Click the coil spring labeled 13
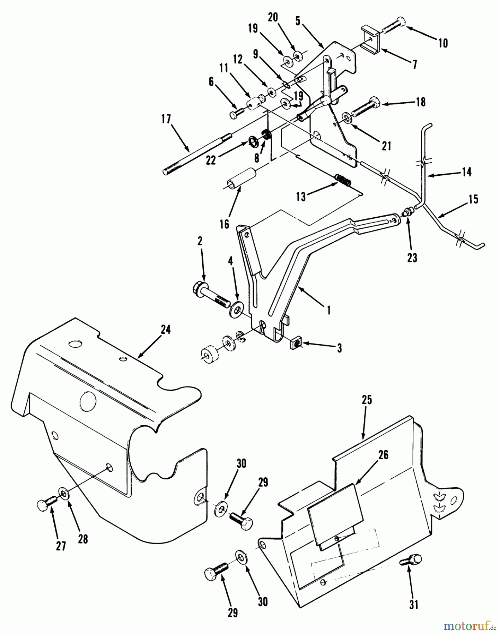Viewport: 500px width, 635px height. (343, 180)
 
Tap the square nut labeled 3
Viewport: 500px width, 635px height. (296, 342)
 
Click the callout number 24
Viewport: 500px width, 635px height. (165, 329)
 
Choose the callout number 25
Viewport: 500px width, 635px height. (367, 400)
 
